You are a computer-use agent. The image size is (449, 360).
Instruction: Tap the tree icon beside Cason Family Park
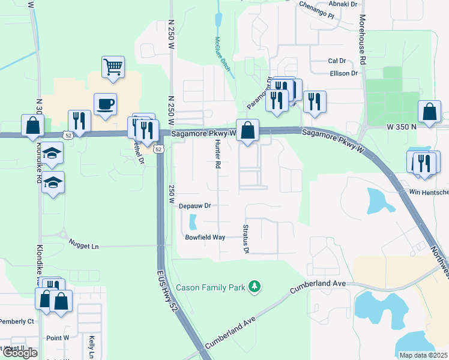click(x=256, y=287)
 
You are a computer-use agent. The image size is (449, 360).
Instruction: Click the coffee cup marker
click(x=106, y=103)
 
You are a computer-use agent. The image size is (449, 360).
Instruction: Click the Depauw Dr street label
click(x=195, y=206)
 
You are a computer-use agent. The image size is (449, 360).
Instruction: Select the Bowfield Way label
click(x=204, y=238)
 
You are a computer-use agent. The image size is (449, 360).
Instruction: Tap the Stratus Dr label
click(x=246, y=239)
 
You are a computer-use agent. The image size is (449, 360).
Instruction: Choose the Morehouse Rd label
click(x=362, y=46)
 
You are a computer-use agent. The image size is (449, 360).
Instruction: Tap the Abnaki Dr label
click(x=345, y=4)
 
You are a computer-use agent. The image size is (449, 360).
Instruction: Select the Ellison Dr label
click(x=343, y=74)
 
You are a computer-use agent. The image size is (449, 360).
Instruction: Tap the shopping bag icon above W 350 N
click(x=430, y=111)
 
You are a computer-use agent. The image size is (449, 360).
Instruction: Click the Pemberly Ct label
click(x=17, y=322)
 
